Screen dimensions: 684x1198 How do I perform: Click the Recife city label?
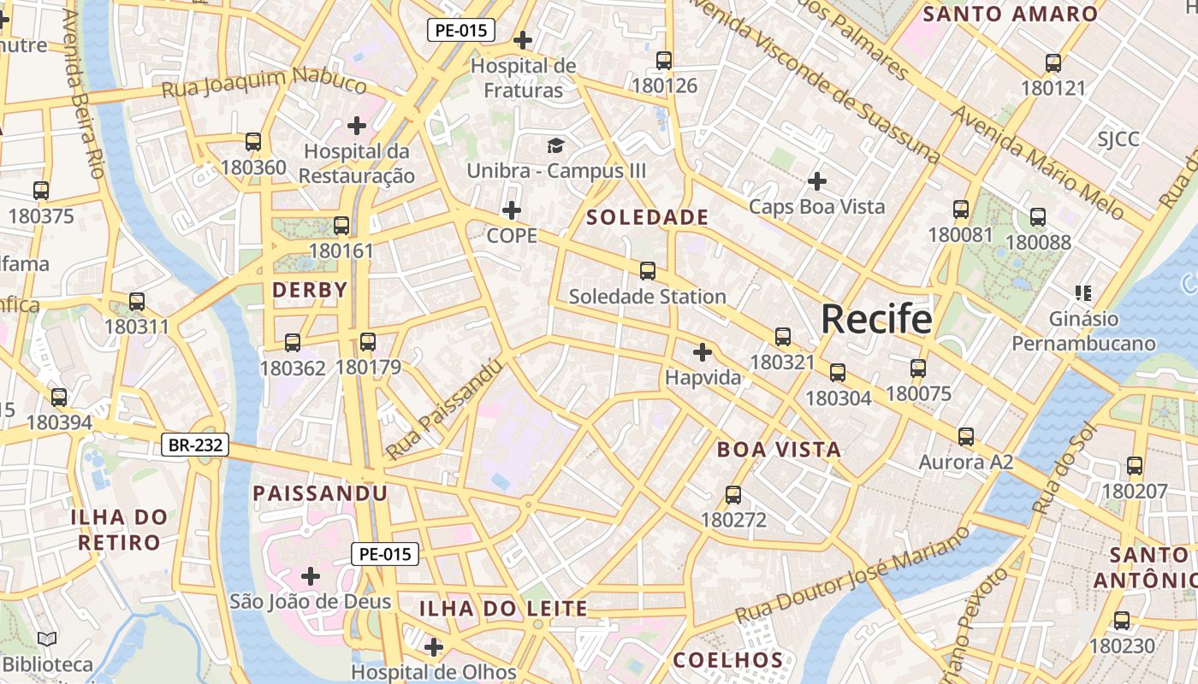pyautogui.click(x=876, y=319)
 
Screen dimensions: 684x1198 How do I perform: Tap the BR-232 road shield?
pyautogui.click(x=195, y=445)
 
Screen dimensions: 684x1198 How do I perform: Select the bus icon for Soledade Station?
pyautogui.click(x=648, y=271)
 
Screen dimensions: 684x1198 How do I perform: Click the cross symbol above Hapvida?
pyautogui.click(x=703, y=351)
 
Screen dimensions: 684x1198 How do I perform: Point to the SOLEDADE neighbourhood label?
pyautogui.click(x=648, y=217)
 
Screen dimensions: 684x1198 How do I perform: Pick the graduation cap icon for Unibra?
pyautogui.click(x=556, y=145)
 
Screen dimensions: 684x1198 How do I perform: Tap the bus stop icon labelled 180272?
pyautogui.click(x=733, y=494)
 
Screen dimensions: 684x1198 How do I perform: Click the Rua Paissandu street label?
pyautogui.click(x=443, y=409)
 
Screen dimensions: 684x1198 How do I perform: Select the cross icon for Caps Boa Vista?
pyautogui.click(x=817, y=181)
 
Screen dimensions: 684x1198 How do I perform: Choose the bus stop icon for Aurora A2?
pyautogui.click(x=966, y=436)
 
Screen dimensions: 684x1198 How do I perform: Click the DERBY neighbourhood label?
pyautogui.click(x=310, y=290)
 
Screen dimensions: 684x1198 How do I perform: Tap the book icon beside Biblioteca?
pyautogui.click(x=48, y=639)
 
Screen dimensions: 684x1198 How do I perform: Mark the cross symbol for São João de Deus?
pyautogui.click(x=311, y=576)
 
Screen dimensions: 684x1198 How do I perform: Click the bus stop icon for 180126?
pyautogui.click(x=664, y=60)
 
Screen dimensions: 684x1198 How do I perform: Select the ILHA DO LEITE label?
pyautogui.click(x=503, y=609)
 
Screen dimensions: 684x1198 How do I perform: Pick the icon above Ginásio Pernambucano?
pyautogui.click(x=1083, y=293)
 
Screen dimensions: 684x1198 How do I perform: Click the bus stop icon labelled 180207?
pyautogui.click(x=1135, y=466)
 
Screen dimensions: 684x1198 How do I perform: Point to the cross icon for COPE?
pyautogui.click(x=512, y=210)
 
